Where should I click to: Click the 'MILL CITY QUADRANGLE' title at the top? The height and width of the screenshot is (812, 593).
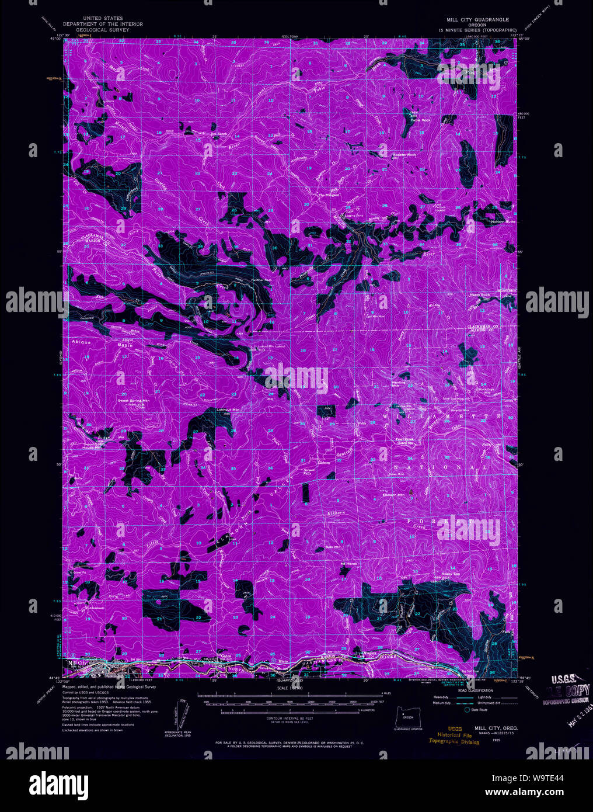click(x=477, y=19)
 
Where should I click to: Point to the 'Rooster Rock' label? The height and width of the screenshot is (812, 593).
click(x=404, y=155)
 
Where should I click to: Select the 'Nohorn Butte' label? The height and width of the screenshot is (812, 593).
click(x=502, y=222)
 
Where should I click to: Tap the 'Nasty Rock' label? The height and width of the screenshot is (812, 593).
click(x=480, y=295)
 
